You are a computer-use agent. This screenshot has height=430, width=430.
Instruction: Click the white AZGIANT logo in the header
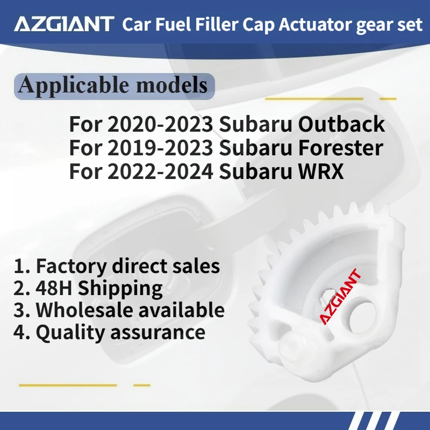tap(63, 24)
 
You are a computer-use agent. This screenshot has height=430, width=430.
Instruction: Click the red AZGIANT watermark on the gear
tap(341, 298)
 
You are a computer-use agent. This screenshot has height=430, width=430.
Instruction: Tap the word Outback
tap(342, 125)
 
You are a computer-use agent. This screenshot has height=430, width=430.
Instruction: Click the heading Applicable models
tap(113, 85)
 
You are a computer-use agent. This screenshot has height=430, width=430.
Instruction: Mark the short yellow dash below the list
tap(142, 385)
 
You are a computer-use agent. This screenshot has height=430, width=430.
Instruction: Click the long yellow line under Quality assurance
tap(68, 385)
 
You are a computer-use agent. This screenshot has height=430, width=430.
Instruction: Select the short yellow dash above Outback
tap(388, 99)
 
